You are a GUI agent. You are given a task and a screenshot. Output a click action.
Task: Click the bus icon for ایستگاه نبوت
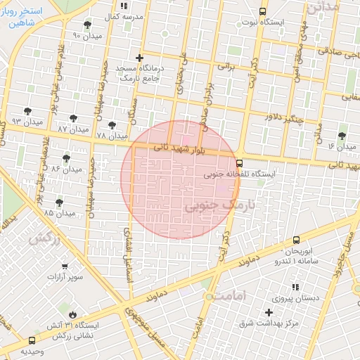click(x=263, y=11)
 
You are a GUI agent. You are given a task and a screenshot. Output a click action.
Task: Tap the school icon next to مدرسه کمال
click(x=124, y=6)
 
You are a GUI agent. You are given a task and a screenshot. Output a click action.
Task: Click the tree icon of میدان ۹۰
click(x=87, y=25)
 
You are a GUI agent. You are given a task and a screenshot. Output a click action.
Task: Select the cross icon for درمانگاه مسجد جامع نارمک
click(x=139, y=58)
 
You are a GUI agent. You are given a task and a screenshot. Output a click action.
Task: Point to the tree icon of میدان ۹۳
click(x=27, y=111)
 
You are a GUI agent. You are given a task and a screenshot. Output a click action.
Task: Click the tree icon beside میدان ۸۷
click(x=74, y=118)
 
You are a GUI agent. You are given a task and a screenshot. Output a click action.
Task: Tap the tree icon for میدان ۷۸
click(x=112, y=125)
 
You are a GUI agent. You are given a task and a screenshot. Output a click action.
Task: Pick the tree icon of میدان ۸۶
click(x=66, y=158)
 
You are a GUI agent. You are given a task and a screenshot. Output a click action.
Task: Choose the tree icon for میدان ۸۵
click(x=59, y=202)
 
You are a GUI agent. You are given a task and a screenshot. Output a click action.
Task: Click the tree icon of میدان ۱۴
click(x=342, y=136)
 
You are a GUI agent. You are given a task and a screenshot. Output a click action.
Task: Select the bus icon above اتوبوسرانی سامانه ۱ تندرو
click(x=296, y=240)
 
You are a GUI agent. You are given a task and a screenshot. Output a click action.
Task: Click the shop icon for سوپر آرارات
click(x=65, y=266)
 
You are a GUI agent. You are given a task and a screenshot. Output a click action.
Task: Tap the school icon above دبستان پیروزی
click(x=295, y=287)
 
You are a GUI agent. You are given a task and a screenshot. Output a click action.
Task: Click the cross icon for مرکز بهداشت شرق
click(x=269, y=311)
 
